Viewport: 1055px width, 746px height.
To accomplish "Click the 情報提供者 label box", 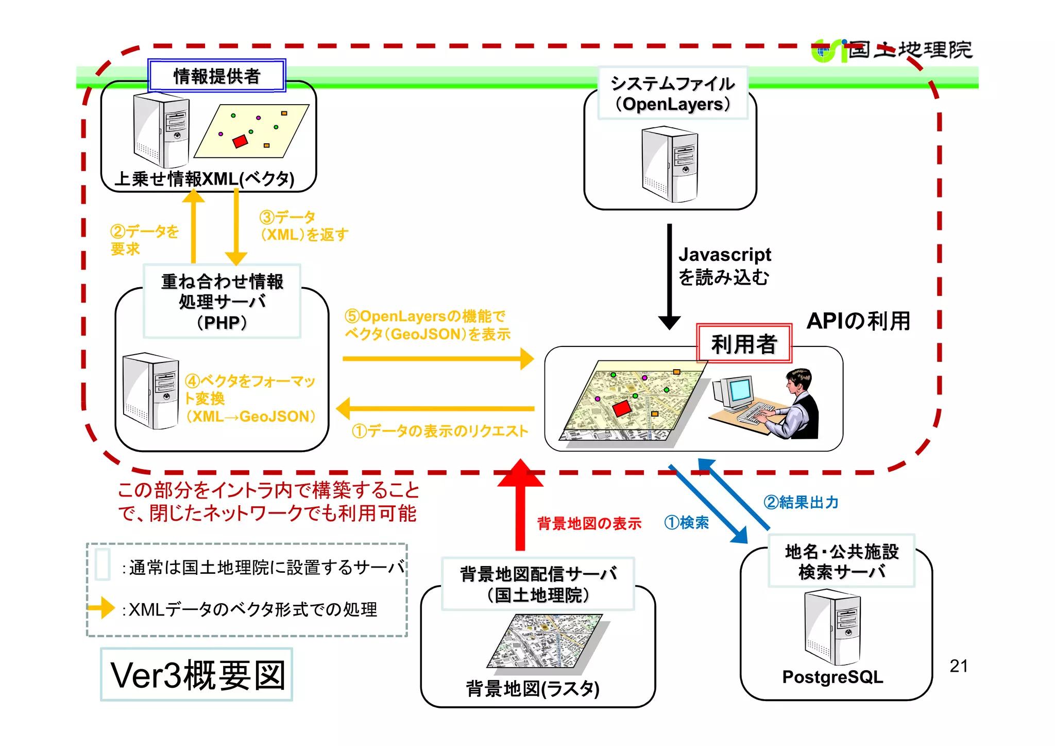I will tap(216, 76).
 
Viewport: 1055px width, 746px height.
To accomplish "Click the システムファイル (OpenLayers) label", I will tap(672, 93).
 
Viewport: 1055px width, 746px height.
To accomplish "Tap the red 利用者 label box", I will tap(743, 344).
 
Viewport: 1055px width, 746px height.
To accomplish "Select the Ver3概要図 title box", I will tap(197, 675).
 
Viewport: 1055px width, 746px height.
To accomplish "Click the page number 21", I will tap(958, 666).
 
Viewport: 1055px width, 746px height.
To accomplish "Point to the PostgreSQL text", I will tap(832, 677).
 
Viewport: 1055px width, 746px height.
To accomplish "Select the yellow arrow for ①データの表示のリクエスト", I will tap(435, 408).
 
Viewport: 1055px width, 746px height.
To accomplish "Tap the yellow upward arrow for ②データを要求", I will tap(194, 227).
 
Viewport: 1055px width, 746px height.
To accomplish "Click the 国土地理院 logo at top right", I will tap(891, 51).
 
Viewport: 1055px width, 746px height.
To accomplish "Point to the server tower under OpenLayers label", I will tap(670, 165).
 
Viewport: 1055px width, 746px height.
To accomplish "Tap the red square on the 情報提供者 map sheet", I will tap(240, 141).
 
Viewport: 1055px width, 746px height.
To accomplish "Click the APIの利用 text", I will tap(858, 321).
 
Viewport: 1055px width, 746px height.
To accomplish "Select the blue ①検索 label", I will tap(686, 523).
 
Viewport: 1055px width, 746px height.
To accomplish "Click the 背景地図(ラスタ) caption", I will tap(533, 689).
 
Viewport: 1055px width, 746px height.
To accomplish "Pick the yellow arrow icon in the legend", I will tap(101, 608).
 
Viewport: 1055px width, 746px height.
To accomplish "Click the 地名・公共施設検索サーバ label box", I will tap(841, 561).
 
